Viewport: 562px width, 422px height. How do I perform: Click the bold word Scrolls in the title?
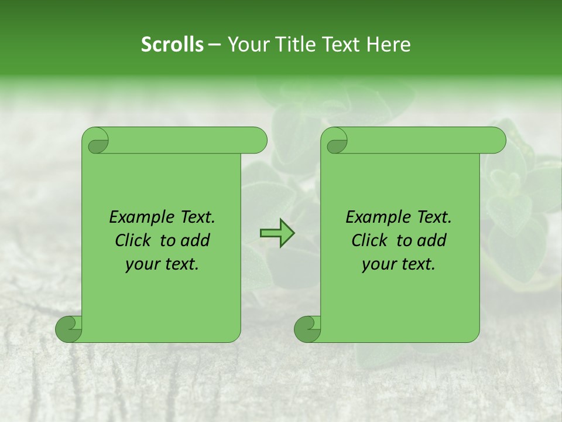(172, 45)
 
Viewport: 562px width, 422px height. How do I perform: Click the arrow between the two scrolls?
(277, 234)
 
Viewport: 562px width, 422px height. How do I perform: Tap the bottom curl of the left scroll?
(68, 328)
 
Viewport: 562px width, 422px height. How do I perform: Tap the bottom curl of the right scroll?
(307, 328)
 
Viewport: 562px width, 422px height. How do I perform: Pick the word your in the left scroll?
(142, 264)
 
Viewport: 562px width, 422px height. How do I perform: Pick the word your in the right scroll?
(378, 264)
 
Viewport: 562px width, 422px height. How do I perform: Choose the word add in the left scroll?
(196, 240)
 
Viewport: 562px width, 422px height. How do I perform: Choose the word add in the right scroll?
(433, 240)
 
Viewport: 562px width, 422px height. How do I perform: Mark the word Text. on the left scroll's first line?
(195, 217)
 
